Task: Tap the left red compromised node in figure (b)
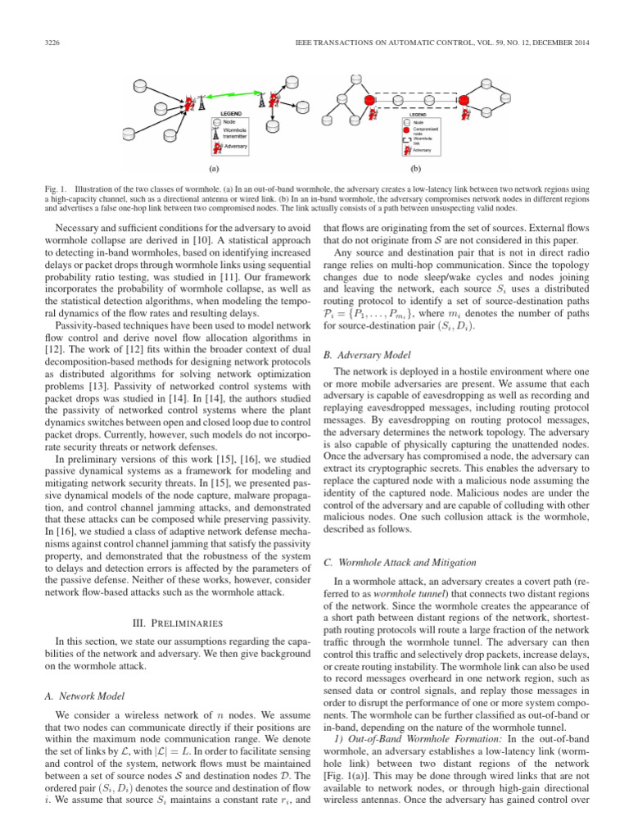(x=369, y=99)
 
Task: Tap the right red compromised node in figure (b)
(x=464, y=99)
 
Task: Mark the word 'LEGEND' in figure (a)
(x=229, y=113)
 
